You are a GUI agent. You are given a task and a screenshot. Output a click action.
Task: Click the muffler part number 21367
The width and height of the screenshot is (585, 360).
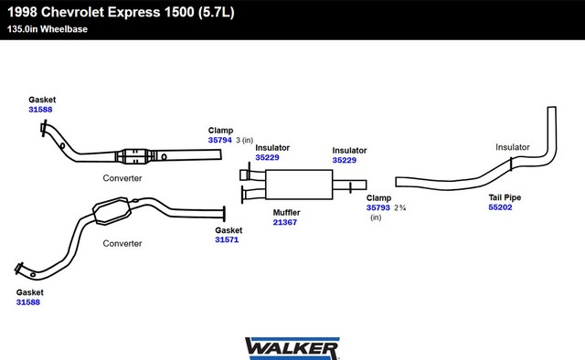click(285, 222)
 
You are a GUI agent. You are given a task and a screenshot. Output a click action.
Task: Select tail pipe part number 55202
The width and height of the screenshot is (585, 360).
click(500, 207)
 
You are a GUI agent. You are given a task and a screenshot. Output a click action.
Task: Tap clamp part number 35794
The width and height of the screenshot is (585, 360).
click(220, 141)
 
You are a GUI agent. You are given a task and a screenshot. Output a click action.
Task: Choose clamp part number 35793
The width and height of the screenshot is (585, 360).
click(378, 207)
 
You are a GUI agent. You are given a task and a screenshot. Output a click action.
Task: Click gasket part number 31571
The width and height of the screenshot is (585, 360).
click(227, 240)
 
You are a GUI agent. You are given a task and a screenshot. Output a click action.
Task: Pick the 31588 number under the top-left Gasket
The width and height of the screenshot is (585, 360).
click(40, 110)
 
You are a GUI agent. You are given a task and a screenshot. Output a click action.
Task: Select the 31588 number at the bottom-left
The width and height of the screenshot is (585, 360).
click(28, 302)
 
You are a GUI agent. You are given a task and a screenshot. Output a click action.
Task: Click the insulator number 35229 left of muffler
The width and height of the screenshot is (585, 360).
click(267, 157)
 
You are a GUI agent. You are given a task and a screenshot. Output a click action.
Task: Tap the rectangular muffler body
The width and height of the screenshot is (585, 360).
click(299, 185)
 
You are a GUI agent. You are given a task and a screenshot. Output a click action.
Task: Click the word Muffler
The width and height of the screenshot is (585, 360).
click(286, 213)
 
